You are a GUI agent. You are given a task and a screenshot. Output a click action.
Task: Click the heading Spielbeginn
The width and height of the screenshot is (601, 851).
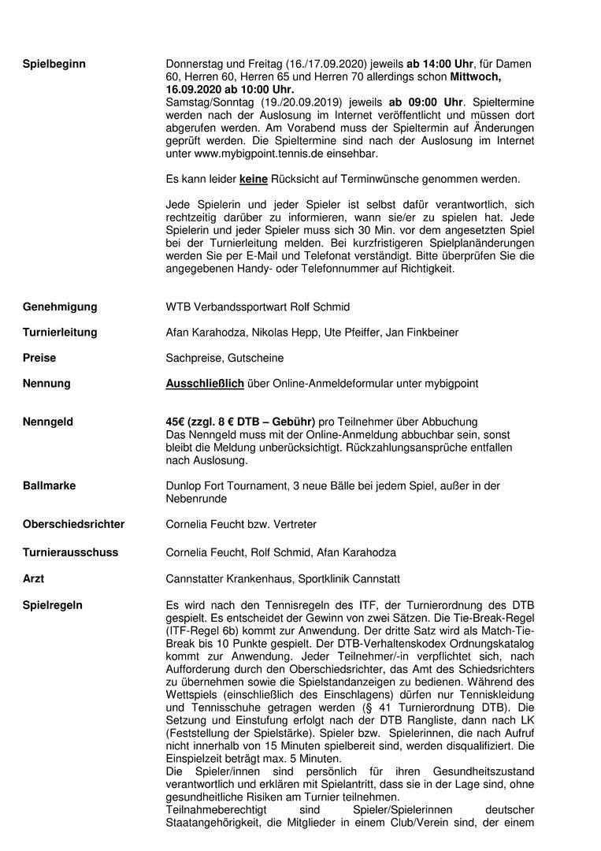tap(54, 64)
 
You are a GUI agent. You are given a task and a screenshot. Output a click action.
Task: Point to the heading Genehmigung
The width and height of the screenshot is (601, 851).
tap(60, 307)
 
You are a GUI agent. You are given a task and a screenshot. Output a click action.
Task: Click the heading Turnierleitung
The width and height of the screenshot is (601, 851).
tap(60, 333)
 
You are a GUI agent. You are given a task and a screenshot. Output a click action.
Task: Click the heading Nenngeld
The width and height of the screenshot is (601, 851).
tap(47, 422)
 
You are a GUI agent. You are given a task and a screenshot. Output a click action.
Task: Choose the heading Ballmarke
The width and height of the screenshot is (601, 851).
tap(49, 485)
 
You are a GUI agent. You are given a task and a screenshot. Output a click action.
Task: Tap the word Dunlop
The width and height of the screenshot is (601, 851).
tap(184, 485)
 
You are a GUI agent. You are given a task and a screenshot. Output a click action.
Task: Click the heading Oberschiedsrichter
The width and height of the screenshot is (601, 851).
tap(73, 524)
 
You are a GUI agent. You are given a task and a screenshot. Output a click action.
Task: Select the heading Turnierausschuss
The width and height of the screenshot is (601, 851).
tap(70, 552)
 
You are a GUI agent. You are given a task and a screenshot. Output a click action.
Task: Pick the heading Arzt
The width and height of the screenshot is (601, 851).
tap(33, 578)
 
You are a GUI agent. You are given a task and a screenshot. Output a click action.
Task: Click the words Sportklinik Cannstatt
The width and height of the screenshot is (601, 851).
tap(349, 578)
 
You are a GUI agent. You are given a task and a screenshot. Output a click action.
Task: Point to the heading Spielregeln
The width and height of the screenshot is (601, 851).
tap(53, 605)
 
